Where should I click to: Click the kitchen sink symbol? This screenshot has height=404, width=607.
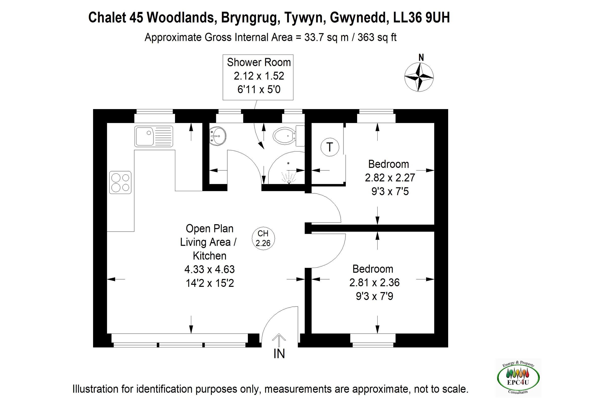click(153, 136)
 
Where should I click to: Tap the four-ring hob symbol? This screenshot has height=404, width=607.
click(120, 182)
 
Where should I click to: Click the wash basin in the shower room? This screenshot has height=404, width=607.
click(217, 136)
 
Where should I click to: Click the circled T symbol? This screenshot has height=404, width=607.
click(330, 147)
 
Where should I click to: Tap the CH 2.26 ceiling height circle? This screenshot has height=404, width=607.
click(263, 238)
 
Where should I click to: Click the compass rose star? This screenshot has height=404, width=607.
click(419, 77)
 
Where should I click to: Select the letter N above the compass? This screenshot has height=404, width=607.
click(421, 58)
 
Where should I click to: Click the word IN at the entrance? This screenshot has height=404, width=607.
click(279, 354)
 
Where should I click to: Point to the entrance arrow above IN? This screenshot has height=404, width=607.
click(279, 340)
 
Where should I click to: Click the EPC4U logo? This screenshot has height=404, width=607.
click(518, 378)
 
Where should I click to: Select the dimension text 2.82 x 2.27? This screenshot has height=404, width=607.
click(389, 178)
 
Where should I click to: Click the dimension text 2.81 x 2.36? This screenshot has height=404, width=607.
click(374, 283)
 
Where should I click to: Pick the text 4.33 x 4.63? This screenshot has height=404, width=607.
click(209, 269)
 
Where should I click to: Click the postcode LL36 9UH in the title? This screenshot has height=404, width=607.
click(421, 17)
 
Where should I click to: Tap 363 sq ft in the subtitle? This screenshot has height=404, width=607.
click(377, 37)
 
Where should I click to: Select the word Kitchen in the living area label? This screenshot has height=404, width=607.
click(209, 256)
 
